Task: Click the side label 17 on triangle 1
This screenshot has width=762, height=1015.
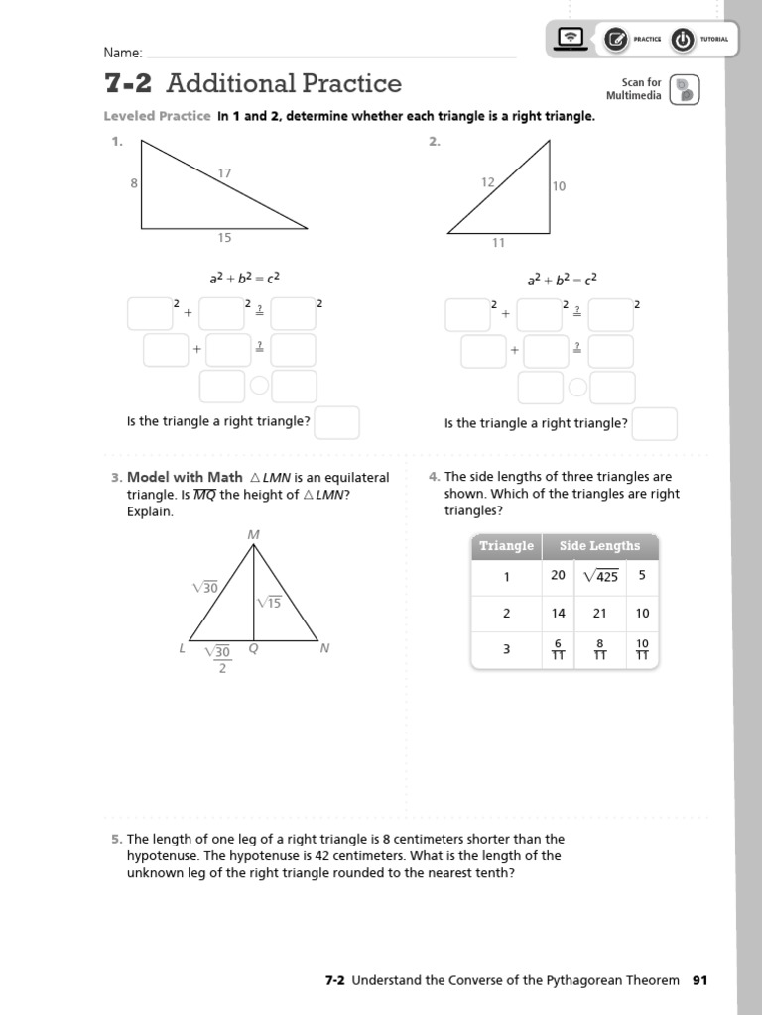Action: pos(225,173)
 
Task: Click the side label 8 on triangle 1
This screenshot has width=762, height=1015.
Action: pos(134,183)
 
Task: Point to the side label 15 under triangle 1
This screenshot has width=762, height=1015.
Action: pos(225,237)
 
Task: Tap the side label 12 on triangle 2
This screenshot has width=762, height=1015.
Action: pos(487,182)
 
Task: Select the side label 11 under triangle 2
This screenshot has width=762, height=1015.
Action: pos(499,242)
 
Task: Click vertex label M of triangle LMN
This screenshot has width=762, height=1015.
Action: pos(253,535)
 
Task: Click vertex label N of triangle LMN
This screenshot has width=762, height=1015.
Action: pos(324,649)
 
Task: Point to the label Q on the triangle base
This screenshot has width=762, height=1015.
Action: pos(254,650)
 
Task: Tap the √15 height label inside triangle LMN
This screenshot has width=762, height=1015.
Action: pos(269,603)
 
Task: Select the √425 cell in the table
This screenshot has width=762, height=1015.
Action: pos(600,576)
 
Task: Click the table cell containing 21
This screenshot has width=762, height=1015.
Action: pos(599,614)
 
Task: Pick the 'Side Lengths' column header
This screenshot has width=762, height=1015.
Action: pos(599,546)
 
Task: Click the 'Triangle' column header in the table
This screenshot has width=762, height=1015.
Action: pos(506,546)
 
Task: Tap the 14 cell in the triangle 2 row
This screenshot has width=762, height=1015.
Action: pos(559,614)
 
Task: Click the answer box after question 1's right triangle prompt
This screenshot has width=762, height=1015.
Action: pos(337,422)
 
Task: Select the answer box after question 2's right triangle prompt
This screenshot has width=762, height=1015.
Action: pos(655,423)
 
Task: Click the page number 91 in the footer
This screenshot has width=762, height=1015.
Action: pos(700,980)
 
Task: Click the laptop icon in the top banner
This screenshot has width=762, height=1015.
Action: pos(571,39)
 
